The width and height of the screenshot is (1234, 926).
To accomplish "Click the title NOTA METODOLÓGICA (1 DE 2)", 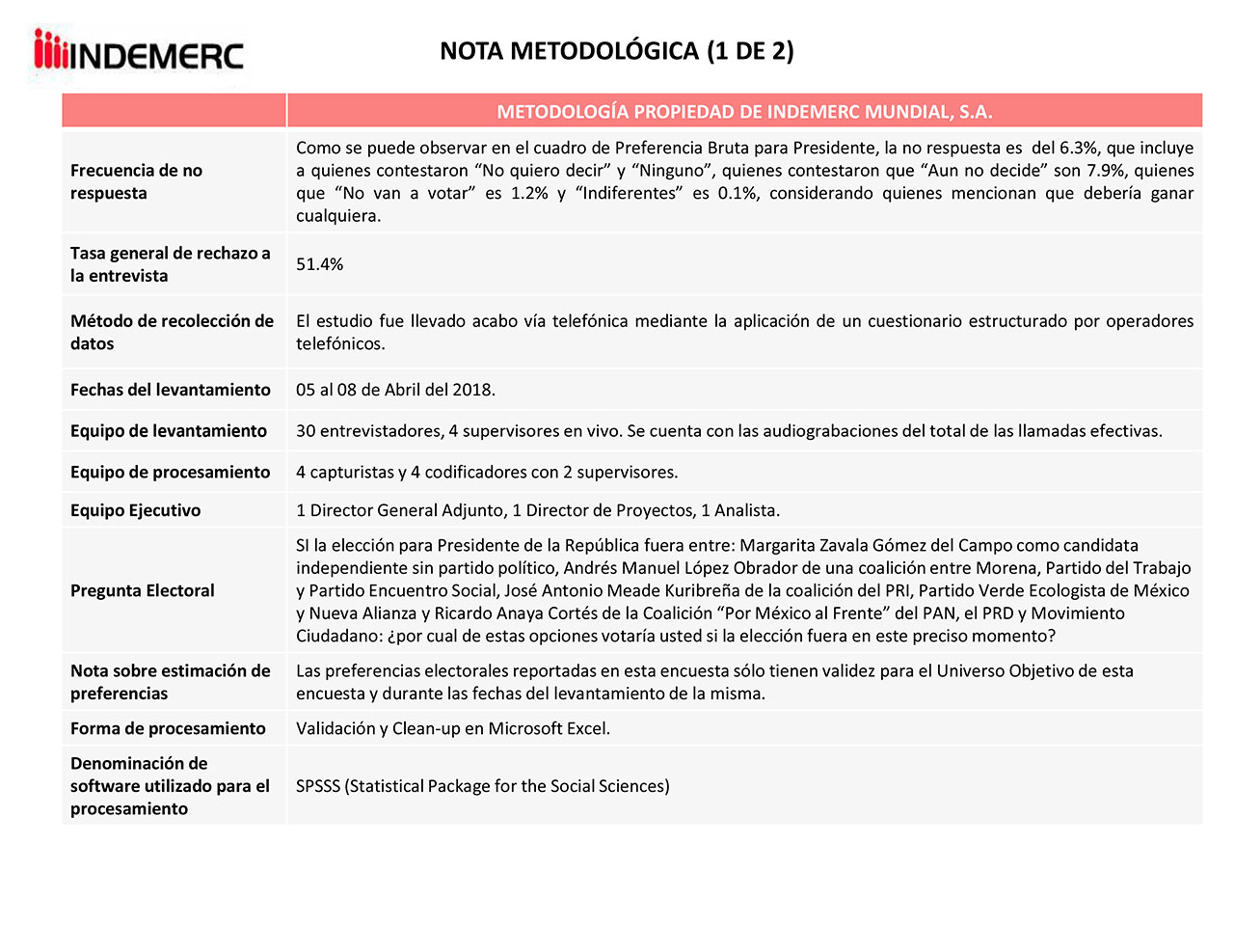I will [x=616, y=51].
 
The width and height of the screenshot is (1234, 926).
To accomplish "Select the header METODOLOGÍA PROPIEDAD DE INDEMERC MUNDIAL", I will [x=743, y=112].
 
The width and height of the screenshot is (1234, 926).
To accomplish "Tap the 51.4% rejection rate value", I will [x=319, y=264].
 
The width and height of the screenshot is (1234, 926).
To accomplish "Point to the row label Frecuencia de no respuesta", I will [x=136, y=181].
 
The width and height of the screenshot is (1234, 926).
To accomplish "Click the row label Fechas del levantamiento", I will [x=170, y=390].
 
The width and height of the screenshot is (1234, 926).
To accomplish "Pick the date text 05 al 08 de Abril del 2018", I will [x=395, y=390].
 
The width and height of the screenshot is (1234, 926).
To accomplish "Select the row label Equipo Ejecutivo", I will [x=135, y=510].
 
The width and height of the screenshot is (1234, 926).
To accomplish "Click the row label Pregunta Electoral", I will [x=142, y=590].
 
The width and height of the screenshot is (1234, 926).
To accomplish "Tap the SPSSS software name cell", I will [x=482, y=786].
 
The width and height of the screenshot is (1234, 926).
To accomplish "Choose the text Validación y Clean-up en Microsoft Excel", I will [x=452, y=728].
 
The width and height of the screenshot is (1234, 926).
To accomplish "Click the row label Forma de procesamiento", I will [x=167, y=728].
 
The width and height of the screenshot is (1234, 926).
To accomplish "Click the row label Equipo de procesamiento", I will [x=170, y=472].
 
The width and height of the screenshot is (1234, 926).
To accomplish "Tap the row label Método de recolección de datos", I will [x=172, y=332].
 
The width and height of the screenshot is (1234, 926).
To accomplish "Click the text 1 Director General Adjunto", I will [x=399, y=510].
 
